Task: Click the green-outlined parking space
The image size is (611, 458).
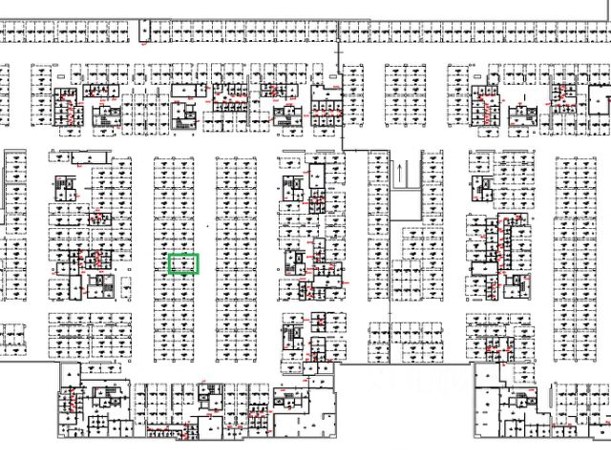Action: tap(182, 264)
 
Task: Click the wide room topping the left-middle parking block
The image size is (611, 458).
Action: tap(78, 156)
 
